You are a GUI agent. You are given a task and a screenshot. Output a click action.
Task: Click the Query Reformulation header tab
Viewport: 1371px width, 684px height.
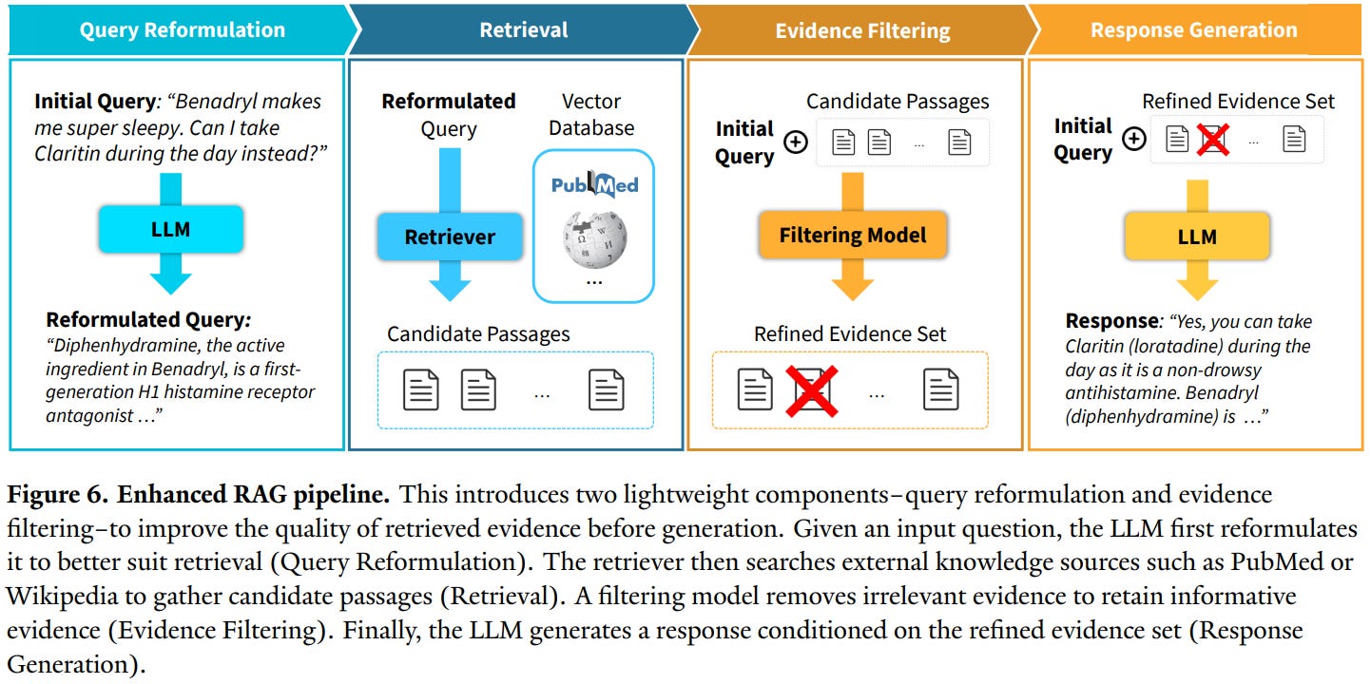(x=182, y=29)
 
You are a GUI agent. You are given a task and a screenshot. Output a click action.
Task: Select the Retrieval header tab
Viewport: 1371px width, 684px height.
(x=524, y=29)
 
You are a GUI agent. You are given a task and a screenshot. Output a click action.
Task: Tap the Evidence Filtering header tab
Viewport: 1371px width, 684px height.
(x=862, y=30)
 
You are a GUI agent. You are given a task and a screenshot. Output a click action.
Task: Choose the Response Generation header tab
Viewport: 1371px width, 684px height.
(x=1193, y=29)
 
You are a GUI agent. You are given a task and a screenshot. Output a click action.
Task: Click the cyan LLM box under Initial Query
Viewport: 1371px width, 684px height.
(x=170, y=229)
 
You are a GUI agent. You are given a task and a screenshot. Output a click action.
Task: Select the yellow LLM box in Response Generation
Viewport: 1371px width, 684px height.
(x=1196, y=237)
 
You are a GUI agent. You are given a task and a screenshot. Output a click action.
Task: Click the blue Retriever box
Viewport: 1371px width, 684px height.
(x=450, y=237)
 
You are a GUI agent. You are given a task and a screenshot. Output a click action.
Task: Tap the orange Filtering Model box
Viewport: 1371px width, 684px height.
(x=853, y=235)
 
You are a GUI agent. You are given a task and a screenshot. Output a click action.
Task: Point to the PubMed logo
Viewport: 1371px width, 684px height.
(x=595, y=183)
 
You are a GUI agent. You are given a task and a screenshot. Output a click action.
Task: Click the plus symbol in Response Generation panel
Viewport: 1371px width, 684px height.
(x=1133, y=140)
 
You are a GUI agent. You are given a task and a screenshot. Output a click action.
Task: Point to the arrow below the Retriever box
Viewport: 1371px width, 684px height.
(x=450, y=281)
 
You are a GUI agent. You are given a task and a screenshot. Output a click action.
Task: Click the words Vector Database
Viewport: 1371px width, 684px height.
(x=591, y=114)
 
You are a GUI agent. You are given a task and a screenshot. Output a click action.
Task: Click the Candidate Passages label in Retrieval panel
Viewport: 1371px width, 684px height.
(x=478, y=333)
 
